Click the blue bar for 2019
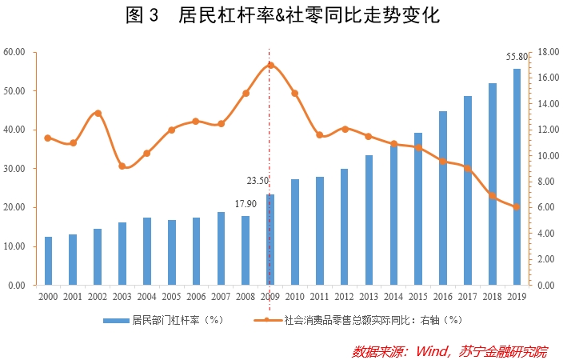(517, 177)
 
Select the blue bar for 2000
(48, 261)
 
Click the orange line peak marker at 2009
(270, 66)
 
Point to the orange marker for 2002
(98, 113)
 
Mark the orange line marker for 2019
(517, 206)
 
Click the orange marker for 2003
(122, 166)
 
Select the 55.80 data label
(517, 57)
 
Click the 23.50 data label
(258, 181)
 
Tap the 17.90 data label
(246, 204)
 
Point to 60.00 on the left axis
(15, 52)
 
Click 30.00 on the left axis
(15, 169)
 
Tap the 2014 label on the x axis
(393, 296)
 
